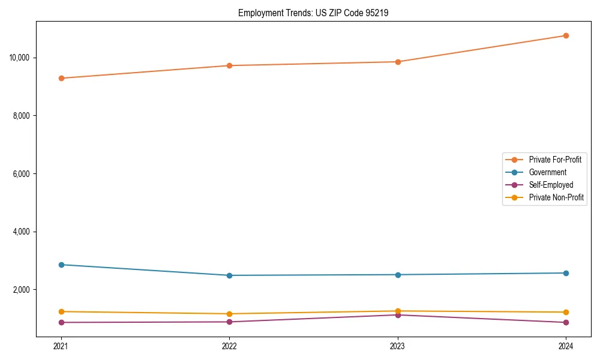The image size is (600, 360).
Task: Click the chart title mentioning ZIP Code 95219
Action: point(313,13)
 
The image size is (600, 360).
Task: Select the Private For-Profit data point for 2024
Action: point(566,35)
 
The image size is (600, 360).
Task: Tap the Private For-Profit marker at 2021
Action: point(61,78)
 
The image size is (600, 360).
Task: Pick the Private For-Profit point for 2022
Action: point(229,65)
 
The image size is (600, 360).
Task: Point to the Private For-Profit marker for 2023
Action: point(398,62)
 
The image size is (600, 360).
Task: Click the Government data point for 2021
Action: point(61,265)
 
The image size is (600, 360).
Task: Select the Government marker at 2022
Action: point(229,275)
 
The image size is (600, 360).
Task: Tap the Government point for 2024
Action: point(566,273)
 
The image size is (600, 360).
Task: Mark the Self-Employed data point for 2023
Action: point(398,315)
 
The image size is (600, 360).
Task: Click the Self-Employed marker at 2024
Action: point(566,323)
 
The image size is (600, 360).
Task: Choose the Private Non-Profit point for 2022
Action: point(229,314)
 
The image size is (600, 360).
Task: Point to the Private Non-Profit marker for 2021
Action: point(61,311)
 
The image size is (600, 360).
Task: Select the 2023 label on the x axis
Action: point(398,346)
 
